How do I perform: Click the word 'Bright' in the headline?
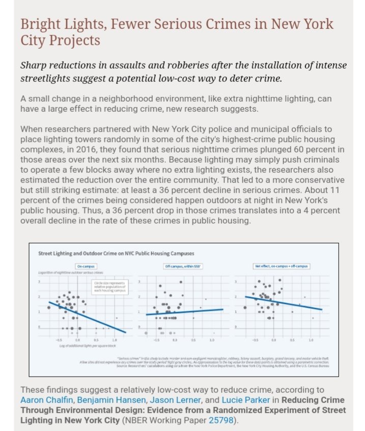[x=38, y=24]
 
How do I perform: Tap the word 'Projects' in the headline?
[x=73, y=41]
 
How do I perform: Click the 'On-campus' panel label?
[x=85, y=266]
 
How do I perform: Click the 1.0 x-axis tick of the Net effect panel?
[x=310, y=339]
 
